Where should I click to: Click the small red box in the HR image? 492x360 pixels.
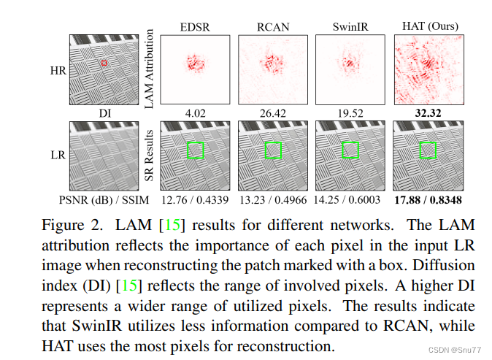[104, 64]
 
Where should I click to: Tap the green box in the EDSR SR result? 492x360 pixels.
[195, 150]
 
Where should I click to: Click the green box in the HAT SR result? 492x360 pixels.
[428, 150]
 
